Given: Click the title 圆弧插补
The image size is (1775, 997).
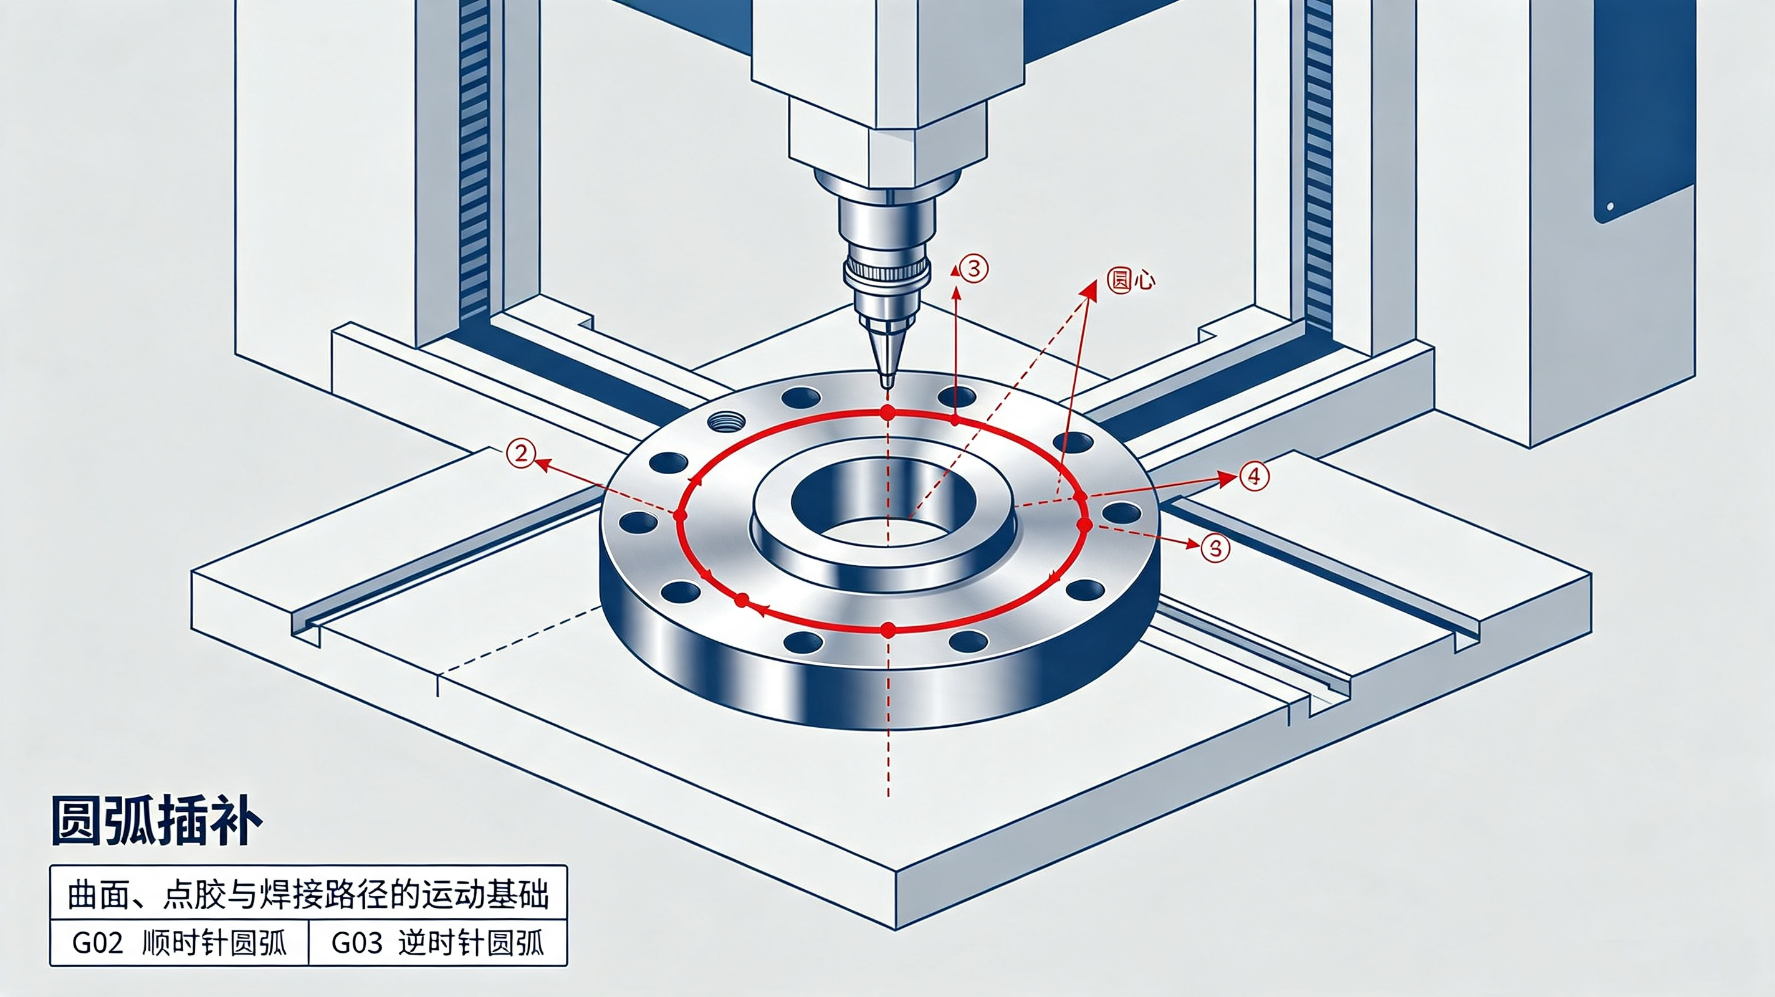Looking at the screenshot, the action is point(157,821).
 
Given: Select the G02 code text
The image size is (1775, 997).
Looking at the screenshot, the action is point(97,943).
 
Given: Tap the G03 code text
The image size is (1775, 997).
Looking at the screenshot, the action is point(356,943).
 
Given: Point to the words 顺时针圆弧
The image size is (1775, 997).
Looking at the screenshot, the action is point(214,943).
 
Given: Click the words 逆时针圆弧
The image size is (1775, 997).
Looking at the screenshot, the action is point(472,943).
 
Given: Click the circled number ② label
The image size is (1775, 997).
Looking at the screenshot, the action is point(521,454).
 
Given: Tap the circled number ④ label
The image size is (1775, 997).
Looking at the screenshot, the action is point(1254,476).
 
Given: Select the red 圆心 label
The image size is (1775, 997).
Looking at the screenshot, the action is point(1131,280).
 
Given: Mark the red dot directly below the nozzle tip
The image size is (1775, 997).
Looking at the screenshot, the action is point(887,413).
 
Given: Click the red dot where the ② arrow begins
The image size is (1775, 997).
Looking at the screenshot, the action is point(680,515).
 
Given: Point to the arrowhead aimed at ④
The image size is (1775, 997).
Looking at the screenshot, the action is point(1225,478).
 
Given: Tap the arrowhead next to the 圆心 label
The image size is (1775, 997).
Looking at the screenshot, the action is point(1089,290).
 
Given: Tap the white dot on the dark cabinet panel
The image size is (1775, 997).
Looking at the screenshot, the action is point(1610,206).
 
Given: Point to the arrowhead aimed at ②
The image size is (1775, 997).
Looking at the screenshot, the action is point(542,465).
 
